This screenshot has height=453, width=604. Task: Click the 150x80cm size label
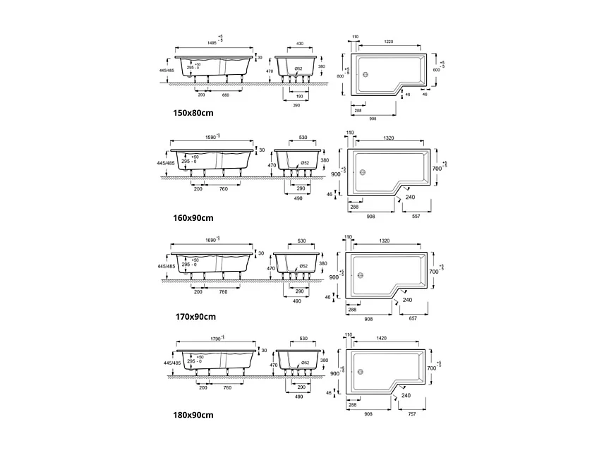click(x=193, y=113)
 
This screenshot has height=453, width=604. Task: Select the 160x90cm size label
click(x=193, y=218)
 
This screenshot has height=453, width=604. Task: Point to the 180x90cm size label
click(x=193, y=415)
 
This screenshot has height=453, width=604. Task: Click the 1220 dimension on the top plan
click(x=389, y=41)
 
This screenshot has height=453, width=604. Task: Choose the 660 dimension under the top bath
click(x=226, y=94)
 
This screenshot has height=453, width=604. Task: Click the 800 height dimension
click(x=339, y=75)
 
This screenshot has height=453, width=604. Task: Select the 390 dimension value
click(x=296, y=104)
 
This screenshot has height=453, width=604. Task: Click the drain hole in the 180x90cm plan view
click(x=362, y=373)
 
